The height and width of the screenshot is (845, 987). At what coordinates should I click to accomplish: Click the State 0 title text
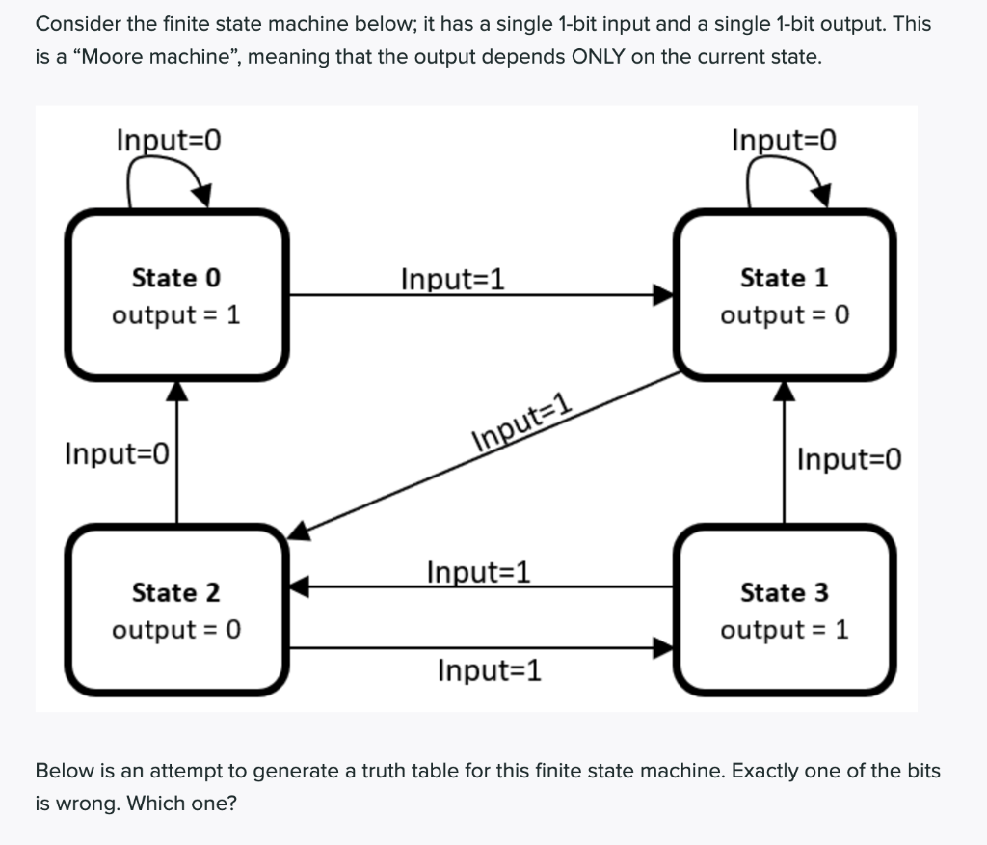point(175,278)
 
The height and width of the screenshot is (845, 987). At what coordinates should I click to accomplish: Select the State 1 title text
point(784,278)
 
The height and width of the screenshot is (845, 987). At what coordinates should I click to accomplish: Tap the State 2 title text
point(175,591)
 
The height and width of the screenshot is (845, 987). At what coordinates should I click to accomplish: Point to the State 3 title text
point(784,591)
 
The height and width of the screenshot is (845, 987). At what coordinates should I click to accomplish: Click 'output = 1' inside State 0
point(175,315)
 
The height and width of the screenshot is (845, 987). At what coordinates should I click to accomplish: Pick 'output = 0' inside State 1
point(784,315)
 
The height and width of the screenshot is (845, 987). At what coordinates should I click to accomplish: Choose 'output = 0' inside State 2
point(175,630)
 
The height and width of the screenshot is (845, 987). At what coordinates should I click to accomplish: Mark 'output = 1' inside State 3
point(784,630)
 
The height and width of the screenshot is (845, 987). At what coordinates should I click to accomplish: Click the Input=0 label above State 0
point(169,140)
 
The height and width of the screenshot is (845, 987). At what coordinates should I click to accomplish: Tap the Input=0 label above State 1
point(784,140)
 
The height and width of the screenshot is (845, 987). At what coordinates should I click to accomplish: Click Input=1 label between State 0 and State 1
point(453,280)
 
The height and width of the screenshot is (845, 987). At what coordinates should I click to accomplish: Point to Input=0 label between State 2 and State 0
point(117,452)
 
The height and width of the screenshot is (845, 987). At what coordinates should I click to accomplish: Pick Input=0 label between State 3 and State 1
point(849,458)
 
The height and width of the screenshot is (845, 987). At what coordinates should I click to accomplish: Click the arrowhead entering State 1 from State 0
point(662,294)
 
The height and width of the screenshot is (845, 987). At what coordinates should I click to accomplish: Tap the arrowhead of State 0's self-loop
point(201,195)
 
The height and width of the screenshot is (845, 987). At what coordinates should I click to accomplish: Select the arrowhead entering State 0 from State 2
point(176,389)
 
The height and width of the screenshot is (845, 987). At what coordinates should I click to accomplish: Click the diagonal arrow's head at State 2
point(300,529)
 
